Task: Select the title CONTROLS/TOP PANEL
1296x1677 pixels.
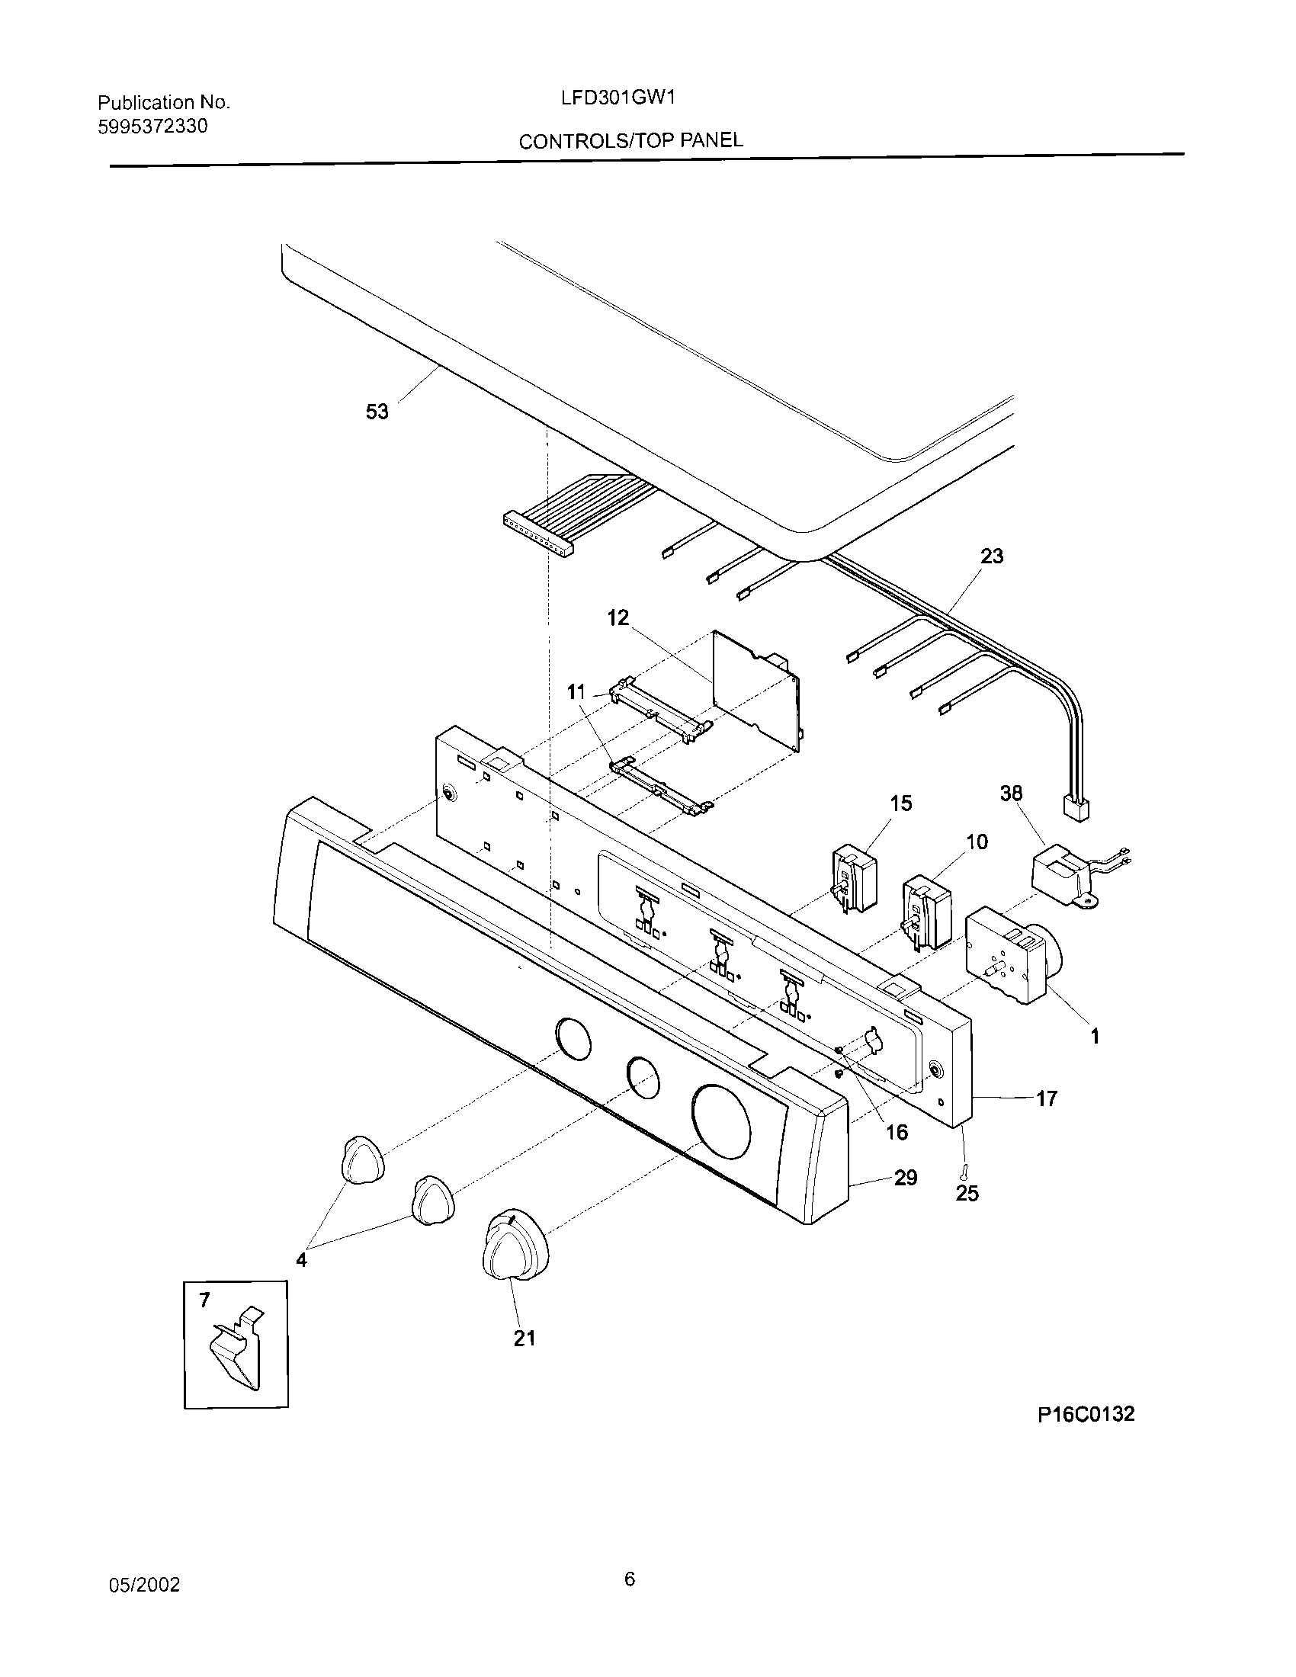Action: [x=630, y=140]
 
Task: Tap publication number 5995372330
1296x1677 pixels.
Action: [x=152, y=127]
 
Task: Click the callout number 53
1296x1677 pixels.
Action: [x=376, y=412]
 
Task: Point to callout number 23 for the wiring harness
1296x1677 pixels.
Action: [x=991, y=556]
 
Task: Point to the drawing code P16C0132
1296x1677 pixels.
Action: [x=1086, y=1414]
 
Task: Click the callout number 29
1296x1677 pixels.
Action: [x=905, y=1178]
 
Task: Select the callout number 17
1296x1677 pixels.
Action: [x=1047, y=1098]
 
